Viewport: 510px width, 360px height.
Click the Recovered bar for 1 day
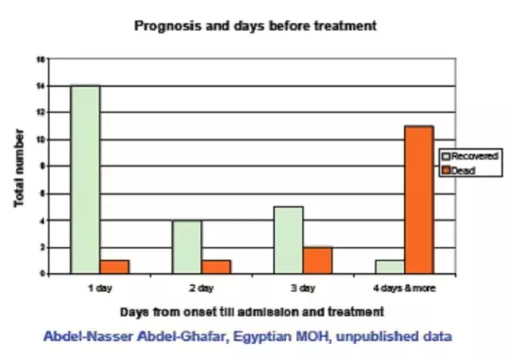[84, 179]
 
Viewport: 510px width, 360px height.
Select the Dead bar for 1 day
[114, 267]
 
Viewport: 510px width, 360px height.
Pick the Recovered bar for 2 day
[186, 247]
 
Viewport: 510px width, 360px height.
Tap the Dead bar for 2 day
[216, 267]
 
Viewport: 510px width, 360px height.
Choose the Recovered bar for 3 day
[288, 240]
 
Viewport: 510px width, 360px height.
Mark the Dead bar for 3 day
[317, 260]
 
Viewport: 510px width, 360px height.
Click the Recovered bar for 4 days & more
[390, 267]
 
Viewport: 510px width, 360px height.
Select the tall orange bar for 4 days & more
[419, 199]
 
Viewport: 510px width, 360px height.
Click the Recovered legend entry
[473, 155]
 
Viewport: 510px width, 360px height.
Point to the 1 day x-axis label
[101, 286]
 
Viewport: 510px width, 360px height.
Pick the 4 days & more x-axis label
[405, 286]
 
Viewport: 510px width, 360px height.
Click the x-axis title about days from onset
[253, 310]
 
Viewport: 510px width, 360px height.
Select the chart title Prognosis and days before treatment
[255, 25]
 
